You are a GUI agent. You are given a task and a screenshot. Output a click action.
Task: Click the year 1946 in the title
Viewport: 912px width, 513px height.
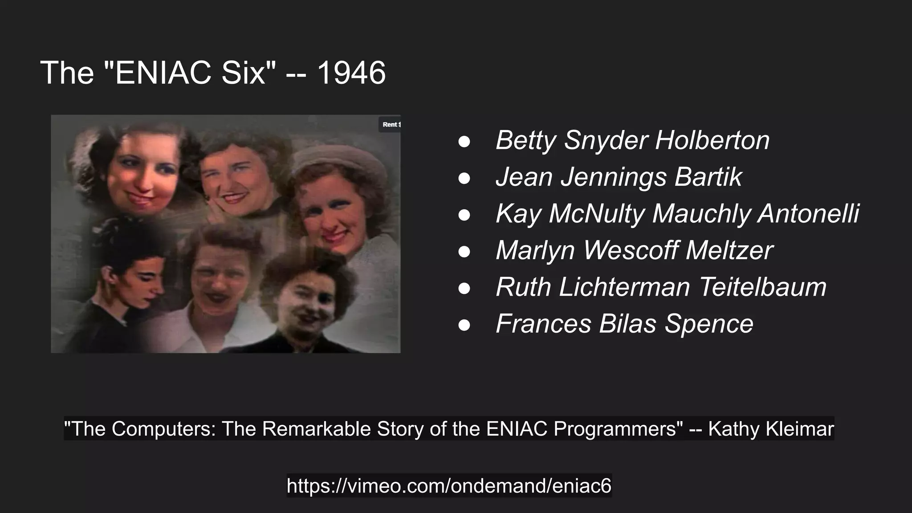click(x=351, y=73)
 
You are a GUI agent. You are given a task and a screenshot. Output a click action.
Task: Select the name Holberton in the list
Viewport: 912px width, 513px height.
click(x=712, y=140)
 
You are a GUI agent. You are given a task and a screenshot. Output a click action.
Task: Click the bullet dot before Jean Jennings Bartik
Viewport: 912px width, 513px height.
click(x=464, y=178)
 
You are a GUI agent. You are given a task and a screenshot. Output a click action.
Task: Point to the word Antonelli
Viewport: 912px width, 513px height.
click(x=809, y=214)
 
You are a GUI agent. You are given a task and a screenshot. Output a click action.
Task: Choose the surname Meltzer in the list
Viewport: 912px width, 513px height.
click(x=729, y=250)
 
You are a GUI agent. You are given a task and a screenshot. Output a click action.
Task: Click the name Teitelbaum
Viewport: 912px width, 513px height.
click(x=763, y=287)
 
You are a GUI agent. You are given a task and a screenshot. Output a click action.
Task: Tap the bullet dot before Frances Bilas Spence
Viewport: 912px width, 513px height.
click(x=464, y=324)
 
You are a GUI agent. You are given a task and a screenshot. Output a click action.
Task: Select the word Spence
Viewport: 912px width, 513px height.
click(x=709, y=324)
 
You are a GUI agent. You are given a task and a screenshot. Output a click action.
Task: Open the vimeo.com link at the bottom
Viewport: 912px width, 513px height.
click(x=449, y=485)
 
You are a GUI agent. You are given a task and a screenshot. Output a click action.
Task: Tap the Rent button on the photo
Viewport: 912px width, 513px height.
click(x=391, y=125)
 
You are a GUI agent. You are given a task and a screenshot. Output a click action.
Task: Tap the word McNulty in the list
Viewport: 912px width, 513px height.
click(x=597, y=214)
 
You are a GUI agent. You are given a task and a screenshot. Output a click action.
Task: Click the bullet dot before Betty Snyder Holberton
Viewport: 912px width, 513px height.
click(x=464, y=141)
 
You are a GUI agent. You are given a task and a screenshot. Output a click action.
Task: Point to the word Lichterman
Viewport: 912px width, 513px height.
click(x=624, y=287)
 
